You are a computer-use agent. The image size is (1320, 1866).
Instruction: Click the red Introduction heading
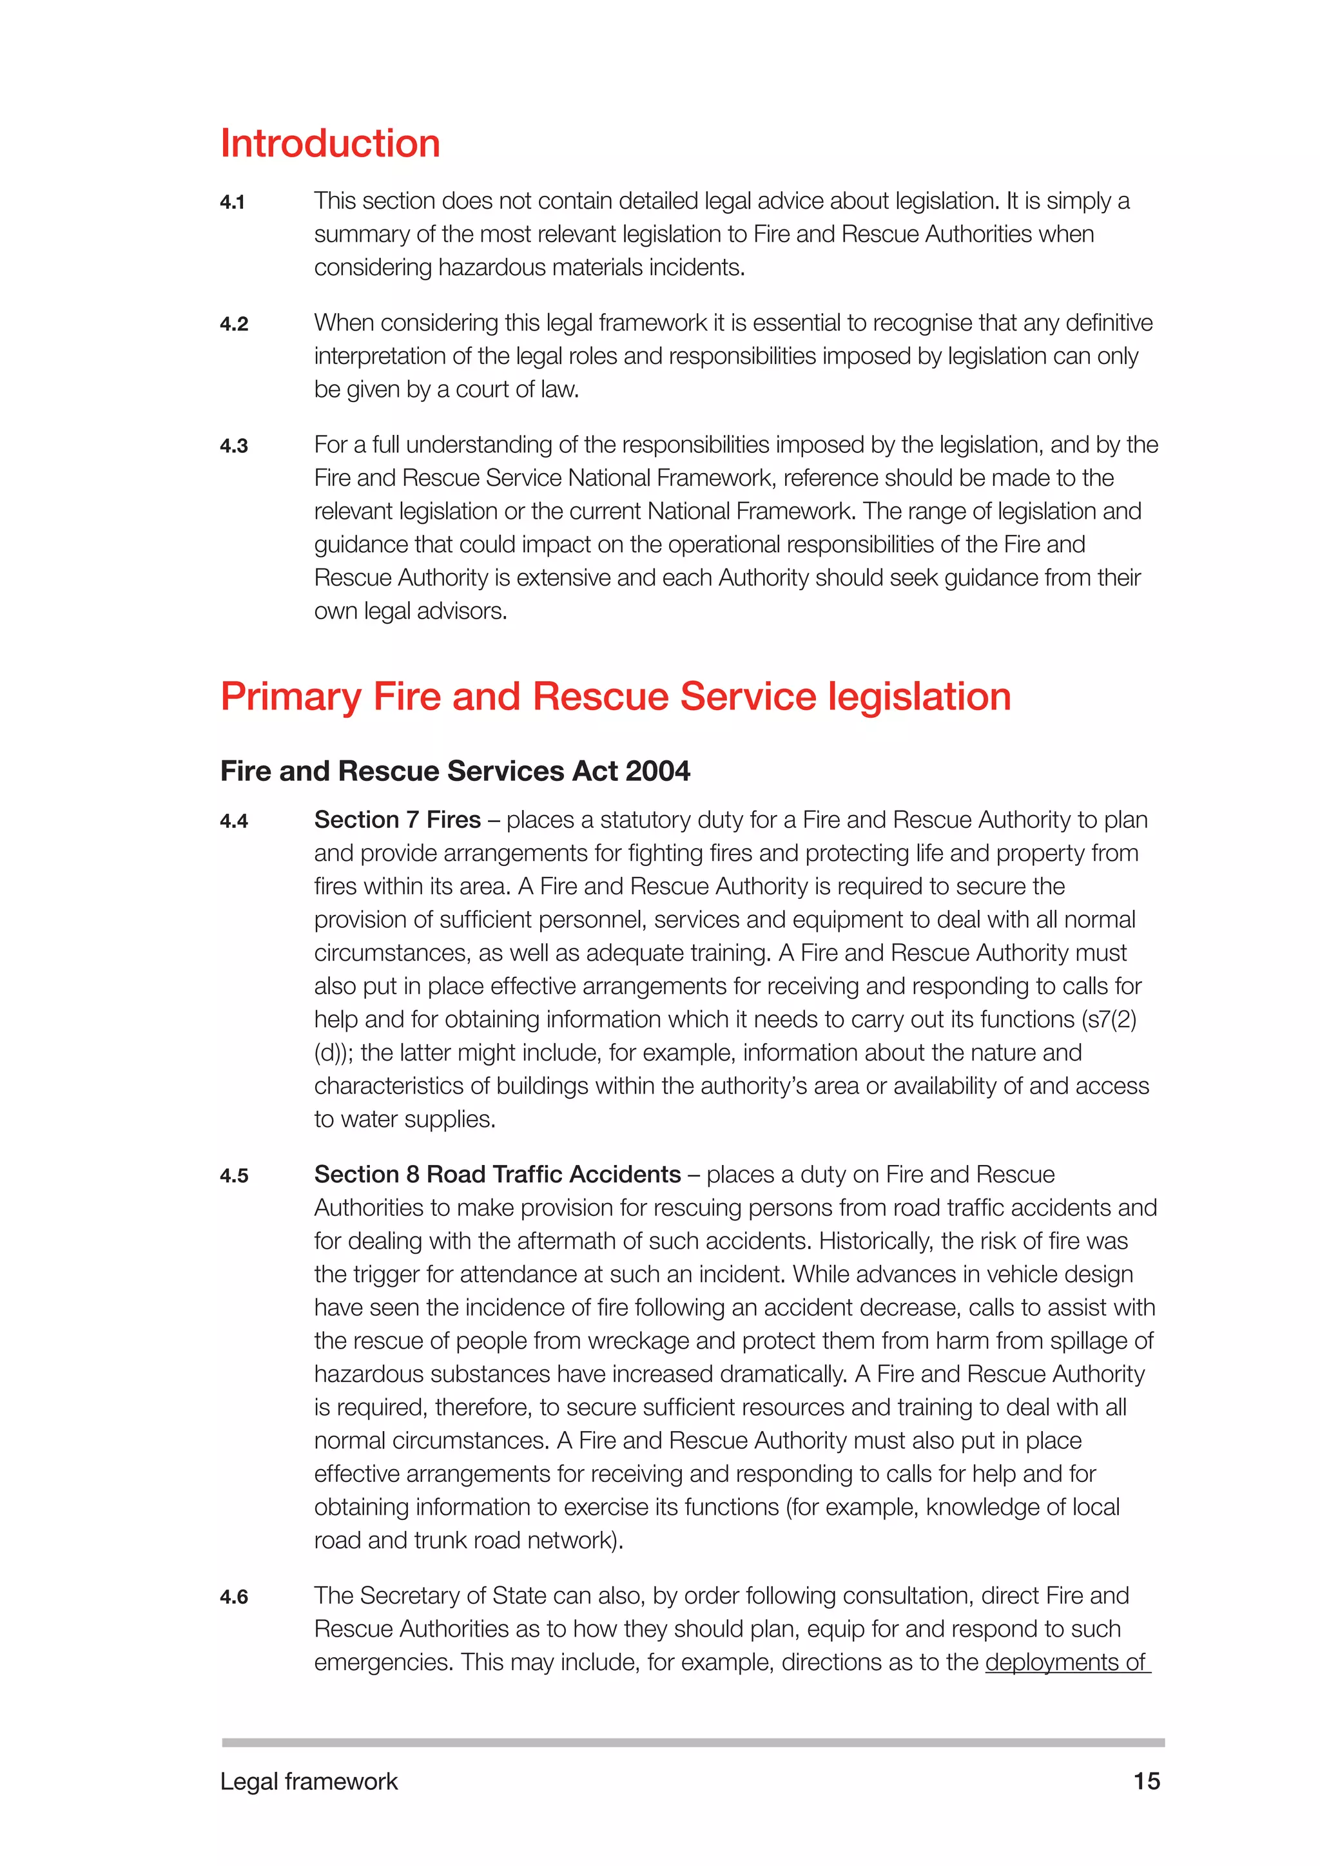330,144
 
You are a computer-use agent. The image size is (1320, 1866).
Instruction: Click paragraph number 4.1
233,202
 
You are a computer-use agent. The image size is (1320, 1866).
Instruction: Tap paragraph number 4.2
233,324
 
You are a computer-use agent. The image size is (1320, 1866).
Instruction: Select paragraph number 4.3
233,446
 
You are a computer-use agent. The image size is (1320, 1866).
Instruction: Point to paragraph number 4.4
233,822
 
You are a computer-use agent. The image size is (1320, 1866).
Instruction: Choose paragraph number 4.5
233,1176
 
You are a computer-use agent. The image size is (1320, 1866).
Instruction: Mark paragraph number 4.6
233,1597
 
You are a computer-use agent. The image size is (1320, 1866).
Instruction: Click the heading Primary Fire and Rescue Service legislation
616,697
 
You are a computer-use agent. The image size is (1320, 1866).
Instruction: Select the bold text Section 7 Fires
398,820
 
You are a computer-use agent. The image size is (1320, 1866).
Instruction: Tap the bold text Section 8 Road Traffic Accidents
498,1175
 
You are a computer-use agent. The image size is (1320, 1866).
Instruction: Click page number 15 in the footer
1146,1782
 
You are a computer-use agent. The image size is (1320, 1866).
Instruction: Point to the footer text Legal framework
309,1782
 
